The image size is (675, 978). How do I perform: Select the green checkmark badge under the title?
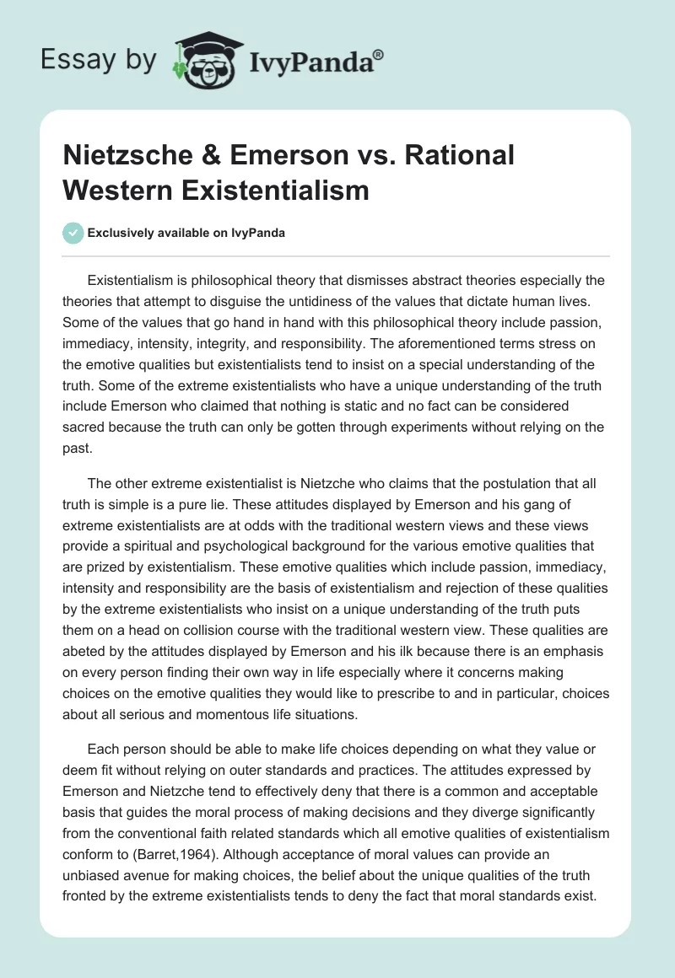pyautogui.click(x=74, y=233)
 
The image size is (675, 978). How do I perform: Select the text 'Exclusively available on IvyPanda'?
pyautogui.click(x=186, y=233)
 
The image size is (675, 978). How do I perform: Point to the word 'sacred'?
pyautogui.click(x=84, y=427)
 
